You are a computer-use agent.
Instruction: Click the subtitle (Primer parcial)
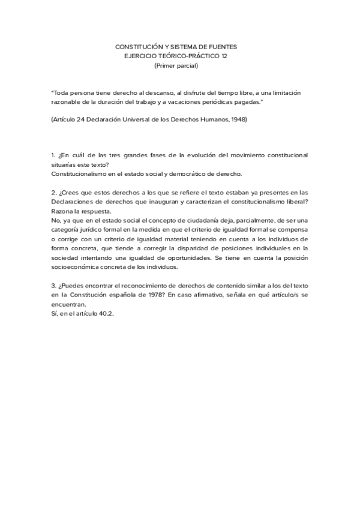[x=180, y=65]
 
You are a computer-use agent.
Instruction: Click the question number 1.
[x=53, y=155]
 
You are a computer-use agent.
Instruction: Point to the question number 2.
[x=53, y=193]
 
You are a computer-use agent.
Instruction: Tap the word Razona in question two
[x=63, y=212]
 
